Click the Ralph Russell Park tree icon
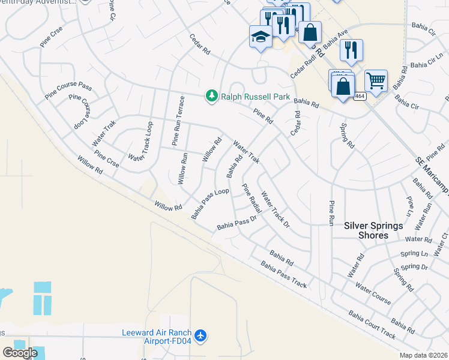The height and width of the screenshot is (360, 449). click(x=211, y=96)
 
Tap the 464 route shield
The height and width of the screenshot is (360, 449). click(x=359, y=96)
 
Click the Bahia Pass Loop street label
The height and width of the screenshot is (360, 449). click(x=210, y=203)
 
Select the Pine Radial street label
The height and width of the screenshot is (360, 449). click(x=252, y=197)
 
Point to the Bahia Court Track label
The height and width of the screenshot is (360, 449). click(x=372, y=325)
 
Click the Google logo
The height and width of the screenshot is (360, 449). click(x=20, y=353)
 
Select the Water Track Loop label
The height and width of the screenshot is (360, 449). click(x=141, y=142)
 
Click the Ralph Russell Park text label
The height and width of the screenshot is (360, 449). click(x=255, y=97)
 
